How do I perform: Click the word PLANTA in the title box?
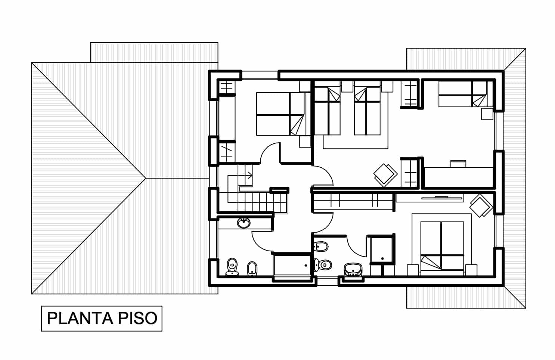(x=80, y=319)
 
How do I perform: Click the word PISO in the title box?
(x=137, y=319)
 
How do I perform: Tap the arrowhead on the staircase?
(x=250, y=176)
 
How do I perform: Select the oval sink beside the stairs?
(x=244, y=223)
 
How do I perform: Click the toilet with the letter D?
(x=323, y=265)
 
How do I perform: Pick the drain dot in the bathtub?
(x=306, y=266)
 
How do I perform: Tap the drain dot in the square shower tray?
(x=382, y=259)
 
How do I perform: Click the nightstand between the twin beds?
(x=347, y=87)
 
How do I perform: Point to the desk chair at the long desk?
(x=458, y=164)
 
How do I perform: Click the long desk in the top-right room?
(x=458, y=177)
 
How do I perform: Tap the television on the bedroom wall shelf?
(x=442, y=198)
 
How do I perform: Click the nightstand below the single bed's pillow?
(x=487, y=114)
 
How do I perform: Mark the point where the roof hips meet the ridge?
(x=146, y=178)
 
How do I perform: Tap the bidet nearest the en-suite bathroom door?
(x=321, y=246)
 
